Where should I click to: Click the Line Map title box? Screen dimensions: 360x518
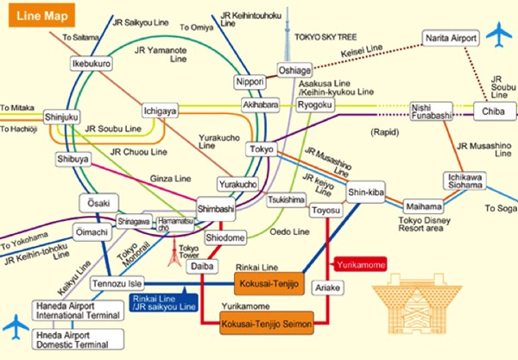[38, 15]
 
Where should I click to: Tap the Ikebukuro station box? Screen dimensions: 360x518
[92, 64]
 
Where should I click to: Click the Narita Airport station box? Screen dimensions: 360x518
[451, 38]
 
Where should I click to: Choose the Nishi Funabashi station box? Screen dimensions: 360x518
[432, 110]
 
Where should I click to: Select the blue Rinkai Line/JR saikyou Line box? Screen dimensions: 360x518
[163, 302]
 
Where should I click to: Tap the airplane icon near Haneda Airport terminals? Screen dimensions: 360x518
[16, 326]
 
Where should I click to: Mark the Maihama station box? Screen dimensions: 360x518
[424, 206]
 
